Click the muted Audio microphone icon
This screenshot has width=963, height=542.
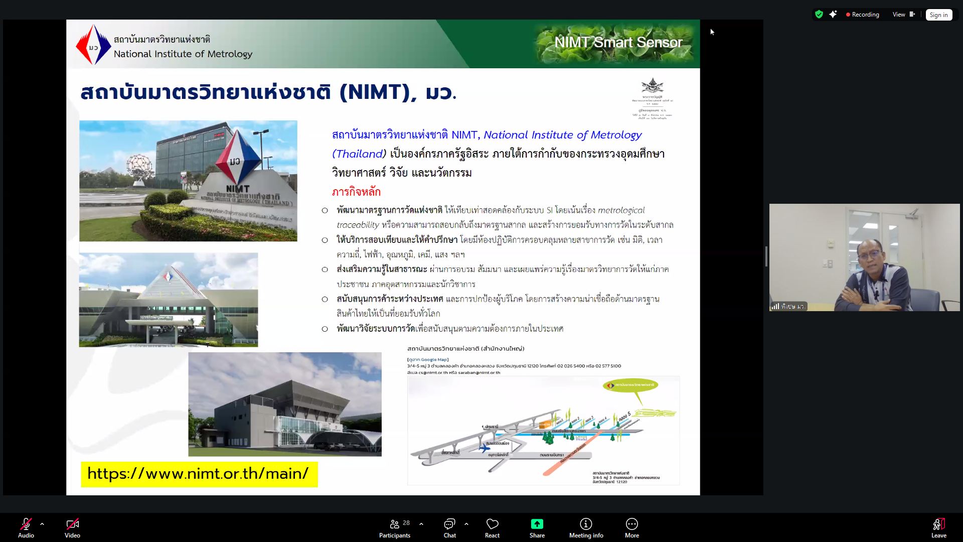pyautogui.click(x=26, y=524)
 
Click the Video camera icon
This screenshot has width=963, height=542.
pyautogui.click(x=72, y=524)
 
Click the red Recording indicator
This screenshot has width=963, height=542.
pyautogui.click(x=862, y=15)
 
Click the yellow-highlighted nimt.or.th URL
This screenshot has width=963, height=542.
pyautogui.click(x=199, y=474)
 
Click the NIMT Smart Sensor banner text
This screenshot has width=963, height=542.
pyautogui.click(x=618, y=42)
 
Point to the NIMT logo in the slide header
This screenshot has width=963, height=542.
pyautogui.click(x=93, y=45)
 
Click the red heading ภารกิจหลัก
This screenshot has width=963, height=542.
pyautogui.click(x=356, y=192)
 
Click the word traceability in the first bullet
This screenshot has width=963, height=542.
pyautogui.click(x=358, y=225)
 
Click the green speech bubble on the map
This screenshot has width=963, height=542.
pyautogui.click(x=631, y=385)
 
